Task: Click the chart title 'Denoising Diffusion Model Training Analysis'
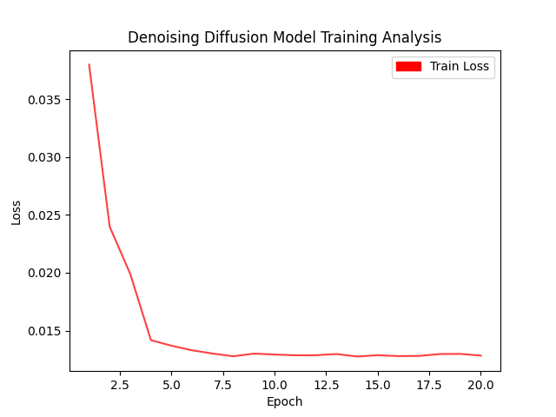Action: [284, 37]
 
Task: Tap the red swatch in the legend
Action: [408, 66]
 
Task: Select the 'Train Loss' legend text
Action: [460, 66]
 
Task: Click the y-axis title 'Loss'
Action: [17, 211]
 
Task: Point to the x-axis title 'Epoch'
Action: [284, 401]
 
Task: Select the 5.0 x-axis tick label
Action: [171, 384]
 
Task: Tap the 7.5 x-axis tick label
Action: [222, 384]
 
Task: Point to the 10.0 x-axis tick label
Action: [274, 384]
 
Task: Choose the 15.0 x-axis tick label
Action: [377, 384]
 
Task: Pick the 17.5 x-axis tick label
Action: [429, 384]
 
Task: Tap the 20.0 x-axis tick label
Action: [480, 384]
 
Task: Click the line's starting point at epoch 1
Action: [89, 64]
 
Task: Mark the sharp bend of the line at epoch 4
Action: [151, 340]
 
